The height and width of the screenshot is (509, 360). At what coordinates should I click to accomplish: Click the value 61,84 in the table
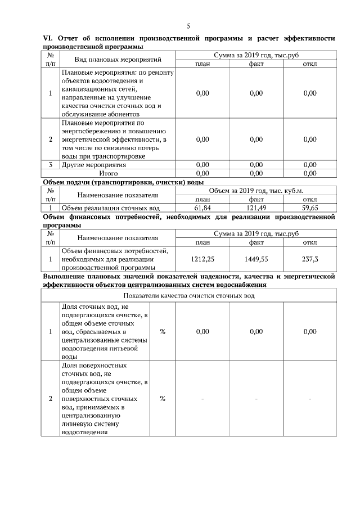point(202,208)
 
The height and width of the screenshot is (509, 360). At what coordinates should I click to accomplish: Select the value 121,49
point(256,208)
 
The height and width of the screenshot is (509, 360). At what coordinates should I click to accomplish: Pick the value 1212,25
point(202,259)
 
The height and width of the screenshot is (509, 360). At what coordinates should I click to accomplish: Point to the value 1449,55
point(256,259)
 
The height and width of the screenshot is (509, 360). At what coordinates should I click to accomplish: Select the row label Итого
point(117,174)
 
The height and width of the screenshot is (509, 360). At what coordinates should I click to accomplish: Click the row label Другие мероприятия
point(94,165)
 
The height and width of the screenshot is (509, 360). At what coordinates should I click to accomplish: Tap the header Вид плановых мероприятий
point(118,60)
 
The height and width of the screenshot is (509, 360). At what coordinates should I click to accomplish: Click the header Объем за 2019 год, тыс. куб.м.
point(256,191)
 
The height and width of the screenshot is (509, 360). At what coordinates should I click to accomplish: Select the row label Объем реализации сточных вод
point(110,208)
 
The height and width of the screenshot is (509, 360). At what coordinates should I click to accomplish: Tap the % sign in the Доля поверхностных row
point(163,399)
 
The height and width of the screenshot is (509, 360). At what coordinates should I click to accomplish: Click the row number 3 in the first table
point(51,165)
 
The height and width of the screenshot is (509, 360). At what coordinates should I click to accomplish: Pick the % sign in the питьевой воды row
point(163,332)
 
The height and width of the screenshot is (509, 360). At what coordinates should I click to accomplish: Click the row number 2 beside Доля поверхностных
point(51,399)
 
